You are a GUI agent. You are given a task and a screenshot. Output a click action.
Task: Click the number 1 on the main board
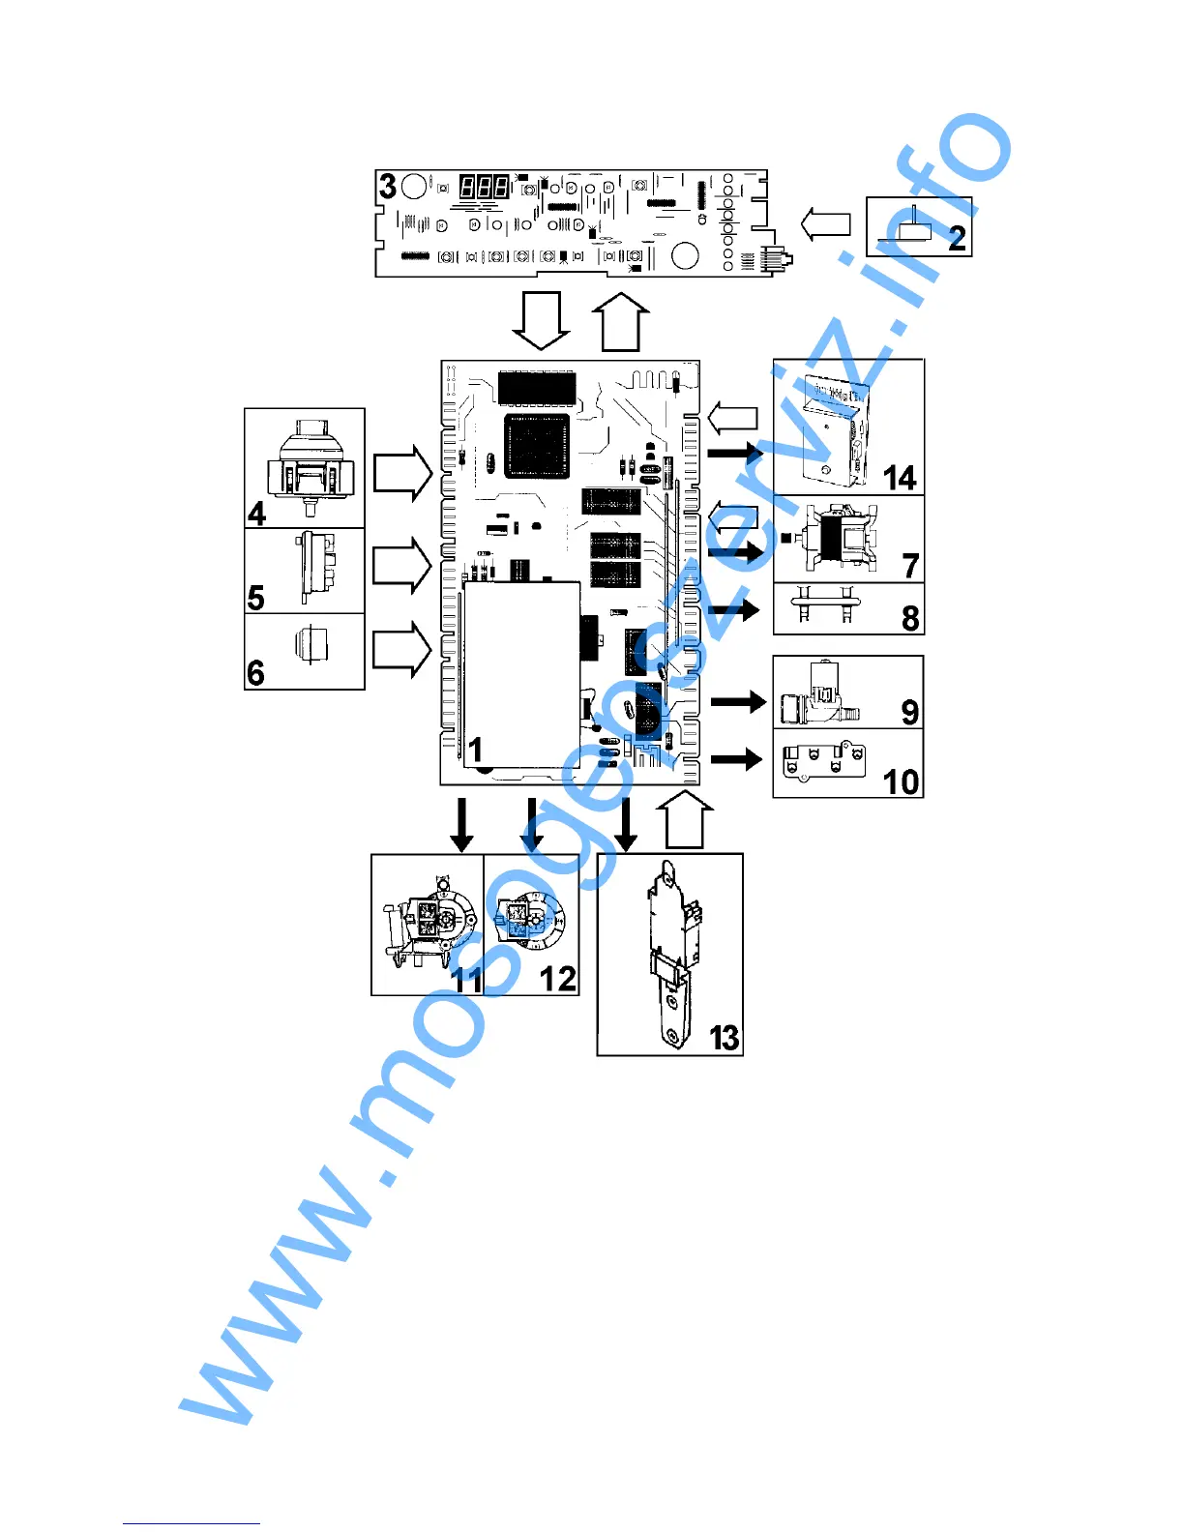(x=475, y=749)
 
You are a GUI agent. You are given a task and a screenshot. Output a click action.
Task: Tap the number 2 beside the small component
(x=957, y=238)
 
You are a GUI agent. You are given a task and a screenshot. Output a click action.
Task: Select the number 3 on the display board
(x=388, y=186)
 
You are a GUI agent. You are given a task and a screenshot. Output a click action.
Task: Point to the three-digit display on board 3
(x=484, y=187)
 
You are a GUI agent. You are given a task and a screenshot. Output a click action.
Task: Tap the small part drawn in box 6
(x=313, y=644)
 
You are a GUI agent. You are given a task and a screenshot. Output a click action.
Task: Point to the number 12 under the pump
(x=558, y=979)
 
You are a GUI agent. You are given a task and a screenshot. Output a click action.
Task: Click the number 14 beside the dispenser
(x=900, y=478)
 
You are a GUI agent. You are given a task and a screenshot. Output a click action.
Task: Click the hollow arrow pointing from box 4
(x=401, y=473)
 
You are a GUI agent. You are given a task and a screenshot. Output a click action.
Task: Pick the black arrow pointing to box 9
(x=738, y=701)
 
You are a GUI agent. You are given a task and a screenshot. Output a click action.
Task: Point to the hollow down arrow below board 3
(x=541, y=320)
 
